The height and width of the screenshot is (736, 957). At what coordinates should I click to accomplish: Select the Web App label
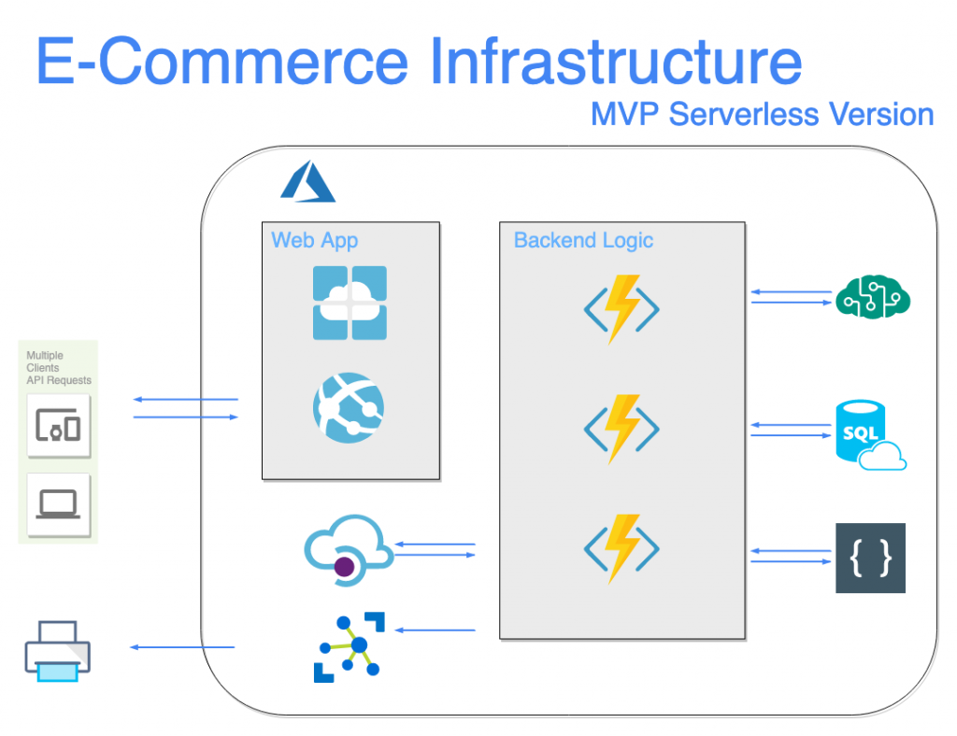pyautogui.click(x=314, y=240)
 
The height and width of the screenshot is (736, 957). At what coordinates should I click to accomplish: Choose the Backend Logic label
pyautogui.click(x=583, y=240)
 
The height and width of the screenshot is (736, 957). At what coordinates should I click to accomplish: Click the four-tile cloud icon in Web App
pyautogui.click(x=350, y=303)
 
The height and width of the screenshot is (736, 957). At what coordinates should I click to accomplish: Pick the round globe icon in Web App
pyautogui.click(x=349, y=407)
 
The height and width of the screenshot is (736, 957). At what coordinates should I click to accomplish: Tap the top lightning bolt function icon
pyautogui.click(x=621, y=309)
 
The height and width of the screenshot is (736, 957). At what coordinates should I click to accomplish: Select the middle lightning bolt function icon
pyautogui.click(x=621, y=429)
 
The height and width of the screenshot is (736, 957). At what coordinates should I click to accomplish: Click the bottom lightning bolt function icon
pyautogui.click(x=621, y=548)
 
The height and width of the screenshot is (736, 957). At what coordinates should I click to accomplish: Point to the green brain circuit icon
pyautogui.click(x=873, y=297)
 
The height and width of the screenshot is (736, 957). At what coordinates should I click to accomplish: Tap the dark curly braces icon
pyautogui.click(x=870, y=559)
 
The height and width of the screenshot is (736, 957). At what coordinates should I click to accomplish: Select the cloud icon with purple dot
pyautogui.click(x=348, y=551)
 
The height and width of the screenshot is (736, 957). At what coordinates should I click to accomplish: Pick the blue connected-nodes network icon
pyautogui.click(x=348, y=645)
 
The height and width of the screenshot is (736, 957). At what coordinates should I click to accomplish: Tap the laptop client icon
pyautogui.click(x=59, y=504)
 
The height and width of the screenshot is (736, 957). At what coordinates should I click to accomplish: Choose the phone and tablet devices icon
pyautogui.click(x=59, y=426)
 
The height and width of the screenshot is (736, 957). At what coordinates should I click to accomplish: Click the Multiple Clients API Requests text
pyautogui.click(x=58, y=368)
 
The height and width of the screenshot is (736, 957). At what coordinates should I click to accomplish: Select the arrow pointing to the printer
pyautogui.click(x=181, y=647)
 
